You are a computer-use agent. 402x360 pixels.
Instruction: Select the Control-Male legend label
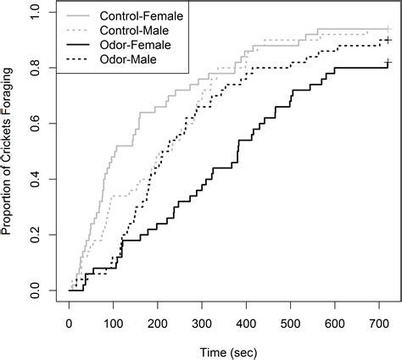click(137, 29)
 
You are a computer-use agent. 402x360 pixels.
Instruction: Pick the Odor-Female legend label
click(135, 44)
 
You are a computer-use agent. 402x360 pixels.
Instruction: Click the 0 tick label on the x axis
click(70, 323)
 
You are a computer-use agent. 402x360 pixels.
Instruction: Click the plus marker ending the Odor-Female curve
click(388, 63)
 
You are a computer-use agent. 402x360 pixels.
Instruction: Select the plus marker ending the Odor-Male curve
click(388, 40)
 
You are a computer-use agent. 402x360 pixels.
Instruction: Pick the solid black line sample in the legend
click(78, 44)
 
